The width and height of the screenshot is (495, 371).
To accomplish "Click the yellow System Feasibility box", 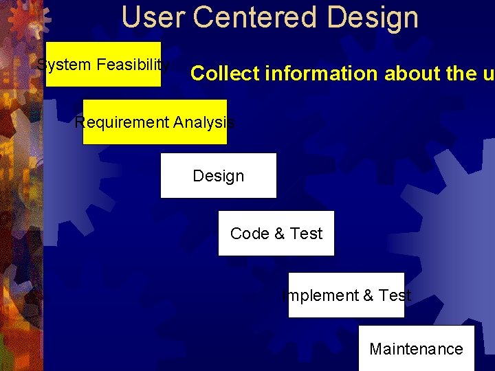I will [103, 65].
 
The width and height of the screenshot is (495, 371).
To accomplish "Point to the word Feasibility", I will [133, 65].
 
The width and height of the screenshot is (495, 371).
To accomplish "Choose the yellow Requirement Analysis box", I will [154, 122].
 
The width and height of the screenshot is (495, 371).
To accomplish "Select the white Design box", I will [218, 176].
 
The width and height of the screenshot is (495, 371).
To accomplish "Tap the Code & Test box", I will [276, 234].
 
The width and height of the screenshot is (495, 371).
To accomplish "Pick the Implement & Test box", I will [346, 295].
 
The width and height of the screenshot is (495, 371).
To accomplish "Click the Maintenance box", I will [416, 349].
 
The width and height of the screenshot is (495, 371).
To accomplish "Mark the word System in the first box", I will [64, 65].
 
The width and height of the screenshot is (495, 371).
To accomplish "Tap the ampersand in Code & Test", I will [279, 234].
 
